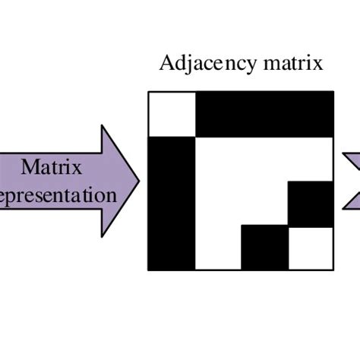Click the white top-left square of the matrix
[172, 114]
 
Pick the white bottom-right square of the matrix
[311, 248]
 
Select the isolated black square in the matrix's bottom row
[265, 248]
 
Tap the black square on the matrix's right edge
[311, 203]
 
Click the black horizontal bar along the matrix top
[265, 114]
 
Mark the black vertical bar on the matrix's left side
[172, 203]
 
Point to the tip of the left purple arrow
[140, 181]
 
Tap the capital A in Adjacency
[166, 62]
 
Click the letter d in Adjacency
[179, 62]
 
